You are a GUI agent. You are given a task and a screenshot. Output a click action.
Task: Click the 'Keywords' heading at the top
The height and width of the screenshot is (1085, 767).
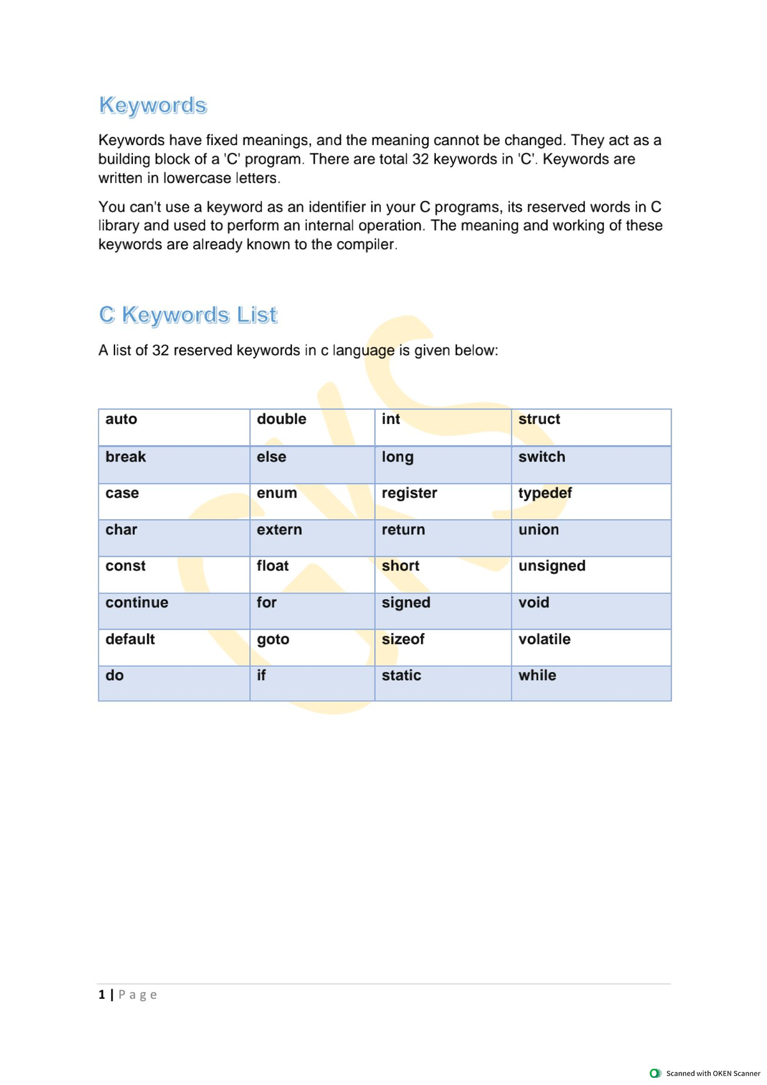153,105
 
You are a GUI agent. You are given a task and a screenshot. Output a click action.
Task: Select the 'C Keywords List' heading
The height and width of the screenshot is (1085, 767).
188,315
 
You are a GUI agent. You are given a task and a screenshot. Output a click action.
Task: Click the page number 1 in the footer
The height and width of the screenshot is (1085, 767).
102,995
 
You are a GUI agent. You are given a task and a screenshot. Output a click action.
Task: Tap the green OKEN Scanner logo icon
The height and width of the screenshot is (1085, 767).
655,1073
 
